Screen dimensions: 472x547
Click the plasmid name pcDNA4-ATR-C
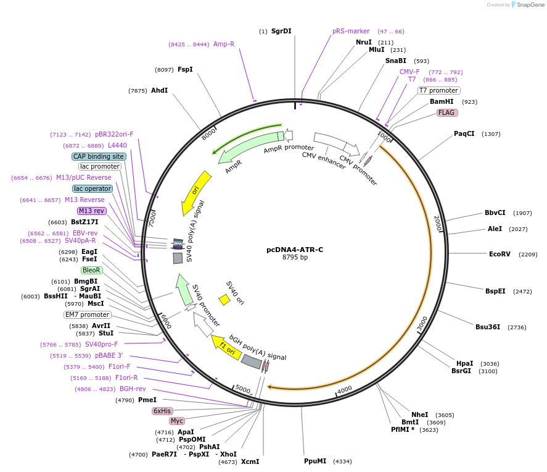point(294,250)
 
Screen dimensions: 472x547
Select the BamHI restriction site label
point(442,101)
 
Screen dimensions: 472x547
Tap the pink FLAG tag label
point(447,112)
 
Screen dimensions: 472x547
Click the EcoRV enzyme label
point(500,254)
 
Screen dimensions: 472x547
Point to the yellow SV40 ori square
point(224,300)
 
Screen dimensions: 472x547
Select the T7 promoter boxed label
point(438,90)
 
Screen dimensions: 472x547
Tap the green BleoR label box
point(91,270)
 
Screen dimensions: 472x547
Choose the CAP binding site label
point(99,156)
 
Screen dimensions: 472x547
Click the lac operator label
point(93,188)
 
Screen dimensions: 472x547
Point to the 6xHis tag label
point(162,411)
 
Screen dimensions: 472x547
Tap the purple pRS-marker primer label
point(351,31)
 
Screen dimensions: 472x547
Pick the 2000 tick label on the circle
point(438,224)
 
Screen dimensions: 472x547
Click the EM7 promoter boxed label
point(87,314)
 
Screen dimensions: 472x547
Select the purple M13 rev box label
point(92,211)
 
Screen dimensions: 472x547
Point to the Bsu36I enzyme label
point(487,327)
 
